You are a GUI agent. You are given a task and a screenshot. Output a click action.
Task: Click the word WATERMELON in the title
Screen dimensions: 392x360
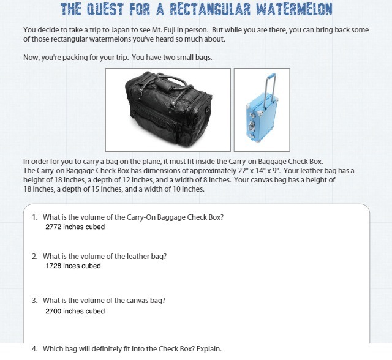[x=294, y=9]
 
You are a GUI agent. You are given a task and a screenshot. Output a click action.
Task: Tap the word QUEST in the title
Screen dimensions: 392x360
[x=105, y=9]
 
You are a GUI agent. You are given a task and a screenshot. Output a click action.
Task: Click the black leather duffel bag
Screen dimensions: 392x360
[x=168, y=109]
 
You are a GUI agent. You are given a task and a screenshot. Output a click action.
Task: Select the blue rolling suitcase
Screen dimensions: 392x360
[x=262, y=108]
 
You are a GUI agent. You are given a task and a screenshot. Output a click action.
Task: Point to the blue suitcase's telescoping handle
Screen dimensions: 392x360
[x=271, y=88]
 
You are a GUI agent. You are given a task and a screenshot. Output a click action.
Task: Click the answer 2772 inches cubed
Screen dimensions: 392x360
[x=75, y=227]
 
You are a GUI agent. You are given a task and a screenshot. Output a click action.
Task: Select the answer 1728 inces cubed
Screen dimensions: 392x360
[x=73, y=266]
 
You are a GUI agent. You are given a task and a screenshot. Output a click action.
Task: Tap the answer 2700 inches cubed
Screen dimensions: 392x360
[x=75, y=311]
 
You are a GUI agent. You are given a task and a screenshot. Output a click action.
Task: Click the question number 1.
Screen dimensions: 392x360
[x=34, y=217]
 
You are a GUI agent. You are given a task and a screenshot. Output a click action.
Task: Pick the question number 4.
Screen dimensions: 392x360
[x=34, y=349]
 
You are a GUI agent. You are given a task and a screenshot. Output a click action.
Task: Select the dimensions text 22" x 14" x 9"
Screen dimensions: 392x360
[x=258, y=171]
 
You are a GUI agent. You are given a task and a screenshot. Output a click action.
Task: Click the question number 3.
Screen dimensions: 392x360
[x=34, y=300]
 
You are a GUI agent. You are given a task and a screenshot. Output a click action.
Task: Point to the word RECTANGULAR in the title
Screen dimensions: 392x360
[x=210, y=9]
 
